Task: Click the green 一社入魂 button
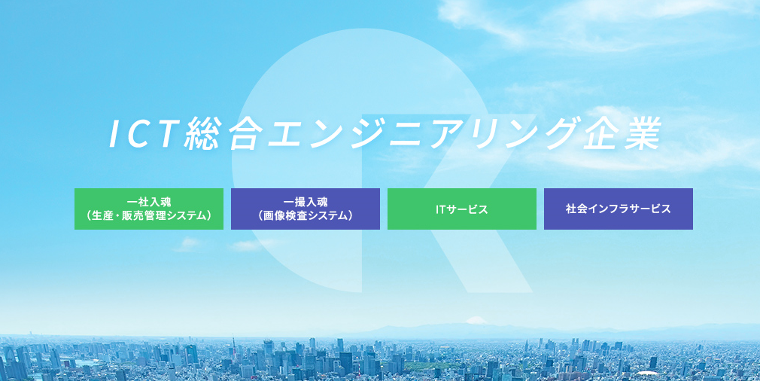click(149, 209)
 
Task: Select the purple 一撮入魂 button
click(306, 209)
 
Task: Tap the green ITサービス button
click(462, 209)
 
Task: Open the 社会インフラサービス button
click(619, 209)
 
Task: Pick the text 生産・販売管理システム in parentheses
click(149, 215)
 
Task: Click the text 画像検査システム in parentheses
click(306, 215)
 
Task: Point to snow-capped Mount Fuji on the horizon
click(476, 321)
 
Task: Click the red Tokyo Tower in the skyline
click(233, 343)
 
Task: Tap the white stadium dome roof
click(648, 374)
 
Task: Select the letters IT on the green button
click(440, 209)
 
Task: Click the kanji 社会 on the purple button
click(576, 209)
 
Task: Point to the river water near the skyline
click(80, 362)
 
